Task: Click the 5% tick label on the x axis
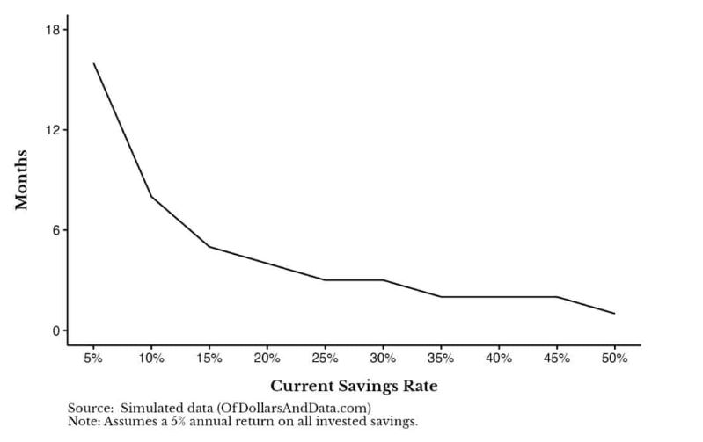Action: click(93, 359)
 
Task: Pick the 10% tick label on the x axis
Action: click(150, 359)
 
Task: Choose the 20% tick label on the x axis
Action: click(267, 359)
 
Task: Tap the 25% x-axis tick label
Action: click(325, 359)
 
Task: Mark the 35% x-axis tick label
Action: click(441, 359)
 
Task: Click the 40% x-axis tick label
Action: click(498, 359)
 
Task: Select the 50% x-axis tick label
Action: click(614, 359)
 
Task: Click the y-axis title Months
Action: click(22, 180)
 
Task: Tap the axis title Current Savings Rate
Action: click(354, 386)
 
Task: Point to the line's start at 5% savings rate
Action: click(93, 63)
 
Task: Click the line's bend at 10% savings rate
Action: click(150, 197)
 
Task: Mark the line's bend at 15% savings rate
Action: click(209, 246)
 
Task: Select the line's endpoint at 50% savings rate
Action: click(614, 314)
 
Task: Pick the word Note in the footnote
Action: click(84, 422)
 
